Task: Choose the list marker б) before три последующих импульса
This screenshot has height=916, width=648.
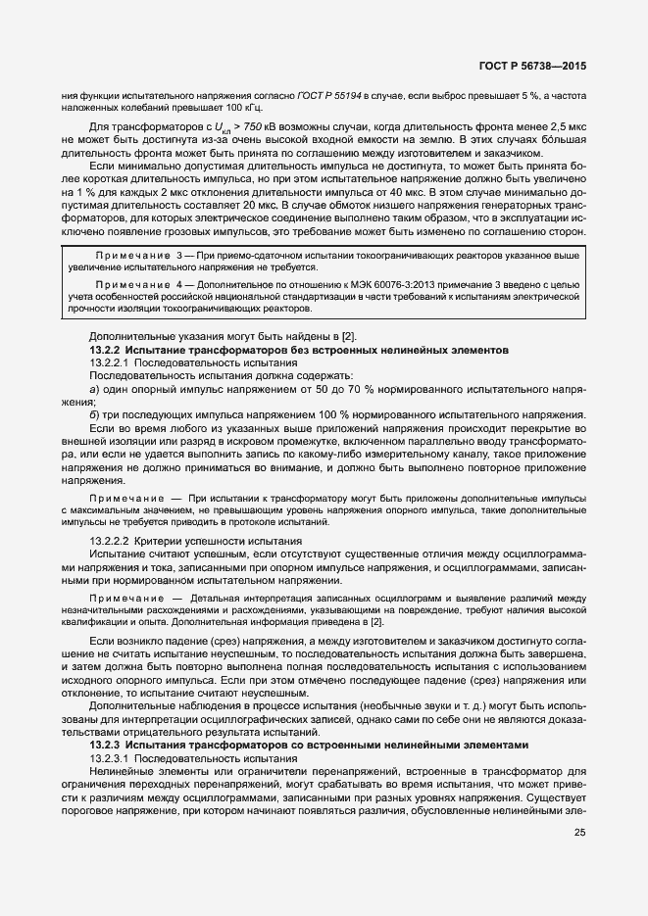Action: point(94,415)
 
